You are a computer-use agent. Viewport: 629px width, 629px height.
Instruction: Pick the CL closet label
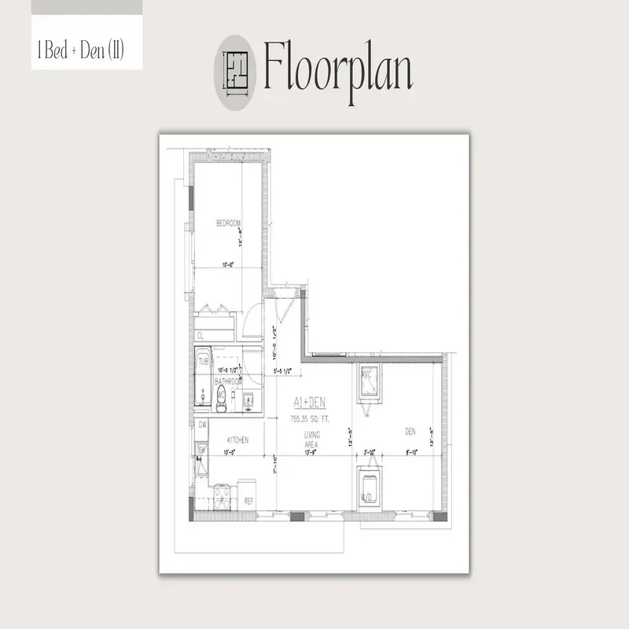[x=200, y=336]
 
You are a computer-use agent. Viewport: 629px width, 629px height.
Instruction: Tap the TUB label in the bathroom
[x=203, y=362]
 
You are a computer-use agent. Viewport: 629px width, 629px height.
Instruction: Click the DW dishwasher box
[x=202, y=425]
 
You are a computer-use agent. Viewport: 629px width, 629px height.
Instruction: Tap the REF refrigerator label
[x=248, y=500]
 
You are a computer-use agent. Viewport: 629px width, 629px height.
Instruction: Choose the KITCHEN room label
[x=238, y=440]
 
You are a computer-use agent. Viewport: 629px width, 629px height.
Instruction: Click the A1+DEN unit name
[x=305, y=401]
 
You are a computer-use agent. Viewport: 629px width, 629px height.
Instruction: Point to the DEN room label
[x=410, y=431]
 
